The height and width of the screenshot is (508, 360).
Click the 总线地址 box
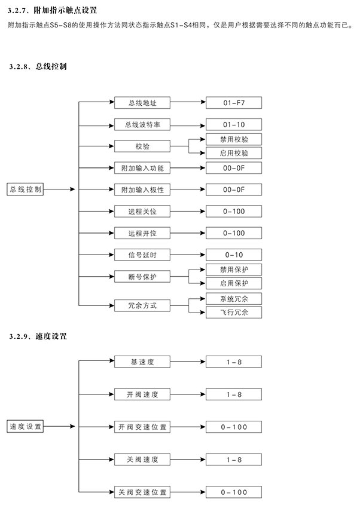pyautogui.click(x=142, y=103)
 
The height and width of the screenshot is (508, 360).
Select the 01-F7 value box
pyautogui.click(x=234, y=103)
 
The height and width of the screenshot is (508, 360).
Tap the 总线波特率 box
pyautogui.click(x=142, y=124)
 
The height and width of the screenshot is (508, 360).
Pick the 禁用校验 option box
pyautogui.click(x=234, y=139)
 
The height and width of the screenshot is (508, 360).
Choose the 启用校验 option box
pyautogui.click(x=234, y=153)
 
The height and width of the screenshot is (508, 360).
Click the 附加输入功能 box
pyautogui.click(x=142, y=168)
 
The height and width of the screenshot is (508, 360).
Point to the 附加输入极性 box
pyautogui.click(x=142, y=189)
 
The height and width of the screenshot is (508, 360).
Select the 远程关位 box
pyautogui.click(x=142, y=211)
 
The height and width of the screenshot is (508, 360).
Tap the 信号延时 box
pyautogui.click(x=142, y=255)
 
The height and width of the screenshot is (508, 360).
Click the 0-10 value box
pyautogui.click(x=234, y=255)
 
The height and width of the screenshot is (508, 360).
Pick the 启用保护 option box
pyautogui.click(x=234, y=283)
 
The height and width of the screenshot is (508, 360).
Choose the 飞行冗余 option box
pyautogui.click(x=234, y=313)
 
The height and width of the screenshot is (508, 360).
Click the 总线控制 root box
pyautogui.click(x=25, y=189)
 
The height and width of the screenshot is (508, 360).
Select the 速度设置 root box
pyautogui.click(x=25, y=426)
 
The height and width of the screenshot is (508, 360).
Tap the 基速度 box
pyautogui.click(x=142, y=362)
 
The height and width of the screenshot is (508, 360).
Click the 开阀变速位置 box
pyautogui.click(x=142, y=427)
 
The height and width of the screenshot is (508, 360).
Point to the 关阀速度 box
pyautogui.click(x=142, y=460)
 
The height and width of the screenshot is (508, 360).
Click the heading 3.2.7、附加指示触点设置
pyautogui.click(x=52, y=10)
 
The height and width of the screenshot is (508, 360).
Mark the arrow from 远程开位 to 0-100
pyautogui.click(x=188, y=233)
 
